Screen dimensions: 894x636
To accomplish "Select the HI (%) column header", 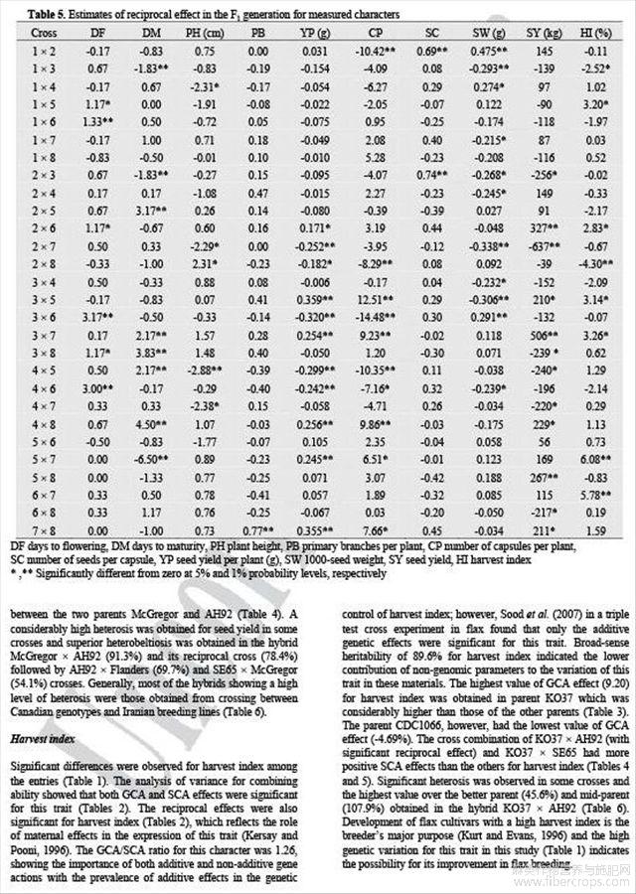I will tap(598, 33).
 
